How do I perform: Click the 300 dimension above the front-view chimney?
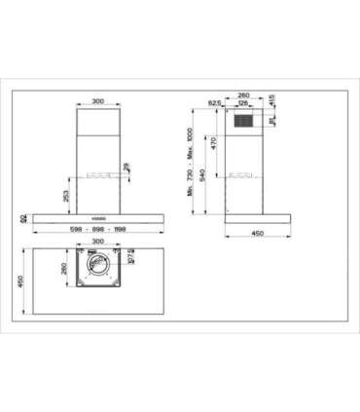[97, 101]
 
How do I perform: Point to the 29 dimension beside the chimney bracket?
[128, 169]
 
